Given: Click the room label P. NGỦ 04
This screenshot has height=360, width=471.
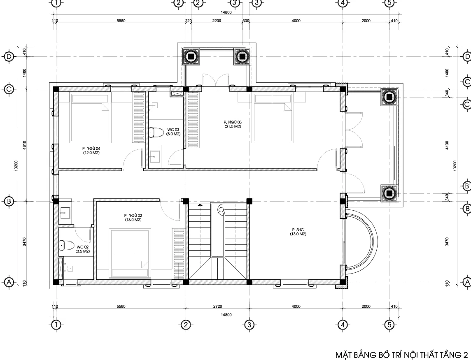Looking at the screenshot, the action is (91, 149).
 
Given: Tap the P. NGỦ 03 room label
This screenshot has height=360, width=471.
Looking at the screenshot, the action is (233, 122).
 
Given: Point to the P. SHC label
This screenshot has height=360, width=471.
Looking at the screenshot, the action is (298, 230).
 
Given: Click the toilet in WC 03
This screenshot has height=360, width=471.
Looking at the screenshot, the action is (156, 132).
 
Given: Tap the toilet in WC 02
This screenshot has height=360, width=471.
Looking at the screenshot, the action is (66, 245).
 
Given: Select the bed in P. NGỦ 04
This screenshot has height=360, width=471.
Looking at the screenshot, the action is (91, 118).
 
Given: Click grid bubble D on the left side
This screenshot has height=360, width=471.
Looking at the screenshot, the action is (9, 56).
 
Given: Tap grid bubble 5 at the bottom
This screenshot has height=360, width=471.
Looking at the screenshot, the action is (389, 325).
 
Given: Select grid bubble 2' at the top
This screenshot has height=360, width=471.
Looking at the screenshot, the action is (198, 3).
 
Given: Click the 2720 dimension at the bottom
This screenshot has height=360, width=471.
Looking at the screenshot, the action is (217, 307).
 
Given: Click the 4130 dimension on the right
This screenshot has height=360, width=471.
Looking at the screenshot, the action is (447, 145).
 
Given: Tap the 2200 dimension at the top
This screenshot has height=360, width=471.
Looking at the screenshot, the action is (217, 21).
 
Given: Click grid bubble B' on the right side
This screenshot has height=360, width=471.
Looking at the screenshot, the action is (467, 186).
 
